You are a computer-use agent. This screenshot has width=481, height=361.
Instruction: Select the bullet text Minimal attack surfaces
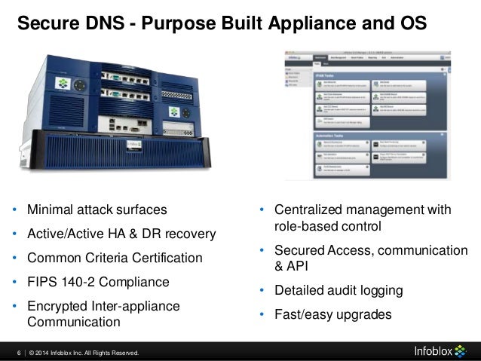click(x=97, y=209)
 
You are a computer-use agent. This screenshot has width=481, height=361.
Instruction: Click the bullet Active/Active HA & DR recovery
click(x=121, y=234)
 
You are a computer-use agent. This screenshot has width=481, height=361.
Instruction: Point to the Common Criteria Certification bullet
click(x=115, y=259)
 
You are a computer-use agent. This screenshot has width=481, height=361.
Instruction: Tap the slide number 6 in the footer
click(x=19, y=353)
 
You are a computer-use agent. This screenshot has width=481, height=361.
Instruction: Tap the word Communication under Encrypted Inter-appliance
click(x=73, y=323)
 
